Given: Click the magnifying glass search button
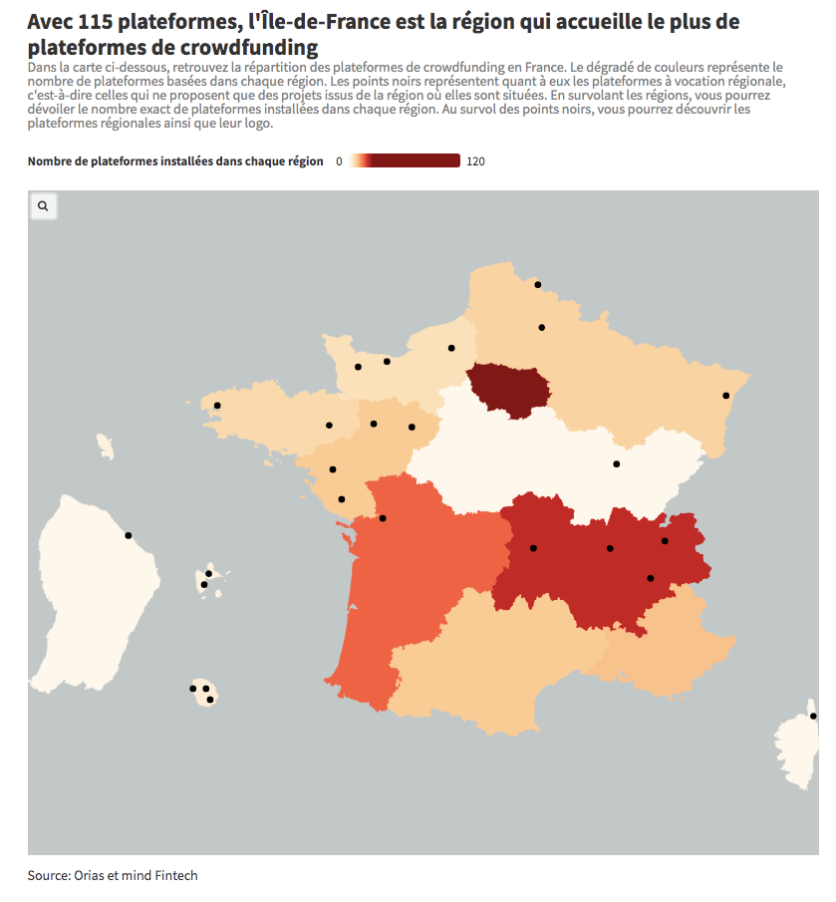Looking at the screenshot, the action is point(43,206).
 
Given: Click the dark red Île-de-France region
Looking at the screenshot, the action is point(508,390).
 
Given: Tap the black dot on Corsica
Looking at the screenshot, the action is point(813,717).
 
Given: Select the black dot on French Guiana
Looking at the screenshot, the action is point(129,535).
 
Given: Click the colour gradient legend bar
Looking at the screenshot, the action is point(406,161).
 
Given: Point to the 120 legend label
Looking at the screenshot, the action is point(475,161).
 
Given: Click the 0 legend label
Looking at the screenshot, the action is point(339,161).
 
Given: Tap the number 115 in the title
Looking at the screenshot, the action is point(95,22).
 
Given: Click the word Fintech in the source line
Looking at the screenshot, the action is point(176,875).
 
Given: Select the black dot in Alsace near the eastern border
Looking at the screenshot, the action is point(726,396).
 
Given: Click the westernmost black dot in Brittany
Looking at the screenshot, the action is point(217,406).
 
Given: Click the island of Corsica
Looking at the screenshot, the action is point(798,748).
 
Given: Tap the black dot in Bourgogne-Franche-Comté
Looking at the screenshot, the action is point(617,464).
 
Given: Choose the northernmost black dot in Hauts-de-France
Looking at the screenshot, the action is point(538,285).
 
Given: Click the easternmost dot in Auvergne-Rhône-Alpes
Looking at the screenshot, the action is point(665,541).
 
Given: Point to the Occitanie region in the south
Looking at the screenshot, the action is point(494,662).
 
